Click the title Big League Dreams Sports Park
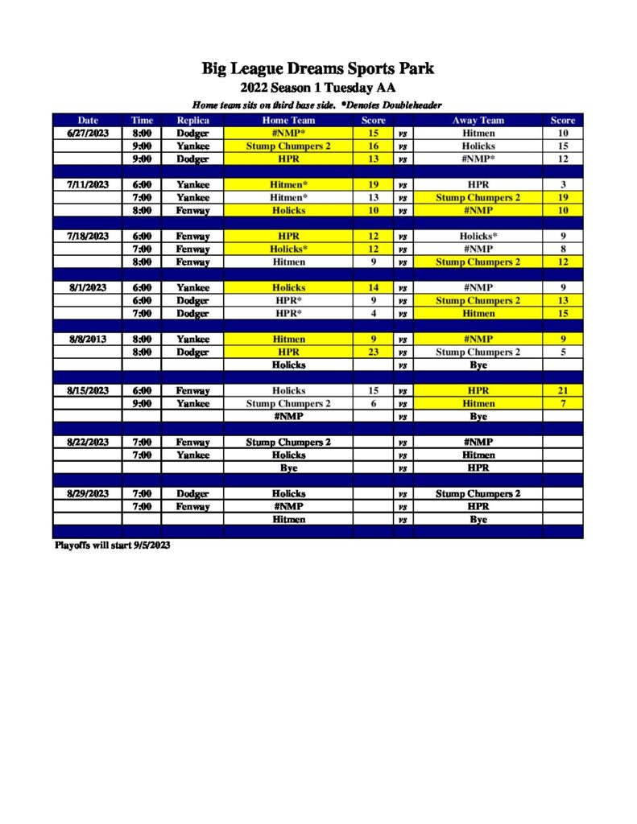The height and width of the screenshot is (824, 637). click(x=318, y=68)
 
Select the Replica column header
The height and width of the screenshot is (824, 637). click(x=192, y=120)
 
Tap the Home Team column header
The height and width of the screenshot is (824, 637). click(x=287, y=120)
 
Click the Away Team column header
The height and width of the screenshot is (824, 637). click(x=478, y=120)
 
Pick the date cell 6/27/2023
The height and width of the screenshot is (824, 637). click(x=88, y=133)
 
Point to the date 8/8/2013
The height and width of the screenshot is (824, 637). click(x=88, y=339)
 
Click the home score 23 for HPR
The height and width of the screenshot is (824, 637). click(x=373, y=352)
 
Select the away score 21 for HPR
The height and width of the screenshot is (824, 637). click(x=562, y=390)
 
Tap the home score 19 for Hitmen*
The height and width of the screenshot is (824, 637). click(x=373, y=184)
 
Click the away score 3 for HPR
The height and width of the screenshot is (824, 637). click(x=562, y=184)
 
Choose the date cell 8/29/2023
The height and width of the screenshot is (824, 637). click(x=88, y=493)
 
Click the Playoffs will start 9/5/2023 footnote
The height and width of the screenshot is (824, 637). click(x=113, y=546)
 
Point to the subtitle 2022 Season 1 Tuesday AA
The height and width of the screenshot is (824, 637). click(x=318, y=88)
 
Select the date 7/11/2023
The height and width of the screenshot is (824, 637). click(x=88, y=184)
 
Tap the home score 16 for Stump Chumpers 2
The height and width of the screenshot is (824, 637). click(x=373, y=146)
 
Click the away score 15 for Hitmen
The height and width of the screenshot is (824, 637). click(x=562, y=313)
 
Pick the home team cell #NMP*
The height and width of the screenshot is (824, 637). click(x=287, y=133)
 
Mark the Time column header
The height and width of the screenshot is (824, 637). click(x=142, y=120)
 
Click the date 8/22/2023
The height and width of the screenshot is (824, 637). click(x=88, y=442)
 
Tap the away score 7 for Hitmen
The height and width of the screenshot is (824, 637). click(x=562, y=403)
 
